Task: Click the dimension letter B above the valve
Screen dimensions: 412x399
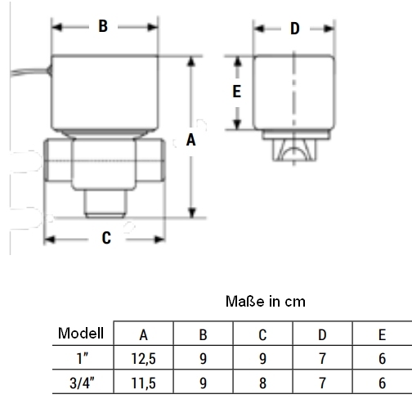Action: tap(103, 26)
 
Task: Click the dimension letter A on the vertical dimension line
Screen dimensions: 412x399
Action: tap(190, 140)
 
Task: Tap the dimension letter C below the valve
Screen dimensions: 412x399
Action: tap(106, 238)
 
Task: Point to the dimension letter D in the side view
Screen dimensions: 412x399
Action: tap(295, 29)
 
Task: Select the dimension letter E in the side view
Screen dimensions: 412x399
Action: tap(236, 91)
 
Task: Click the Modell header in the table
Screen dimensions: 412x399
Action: tap(81, 333)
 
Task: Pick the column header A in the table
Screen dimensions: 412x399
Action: tap(143, 334)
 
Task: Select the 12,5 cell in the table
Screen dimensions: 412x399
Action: tap(143, 359)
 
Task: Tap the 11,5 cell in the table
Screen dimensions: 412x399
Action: tap(143, 383)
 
